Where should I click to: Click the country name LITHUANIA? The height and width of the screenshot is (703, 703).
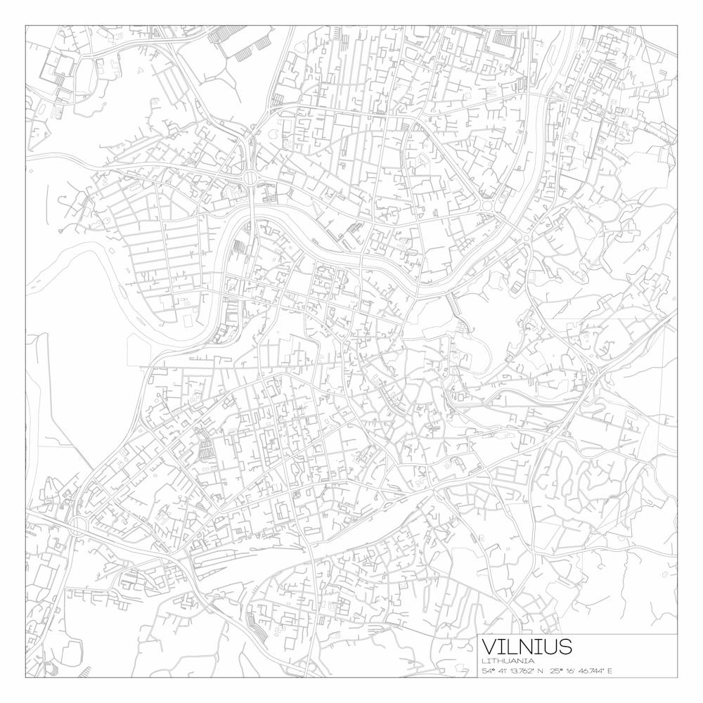[x=508, y=661]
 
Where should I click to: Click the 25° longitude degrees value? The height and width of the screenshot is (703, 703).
[x=555, y=671]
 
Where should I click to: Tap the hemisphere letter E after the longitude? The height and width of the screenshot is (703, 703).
[x=610, y=671]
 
